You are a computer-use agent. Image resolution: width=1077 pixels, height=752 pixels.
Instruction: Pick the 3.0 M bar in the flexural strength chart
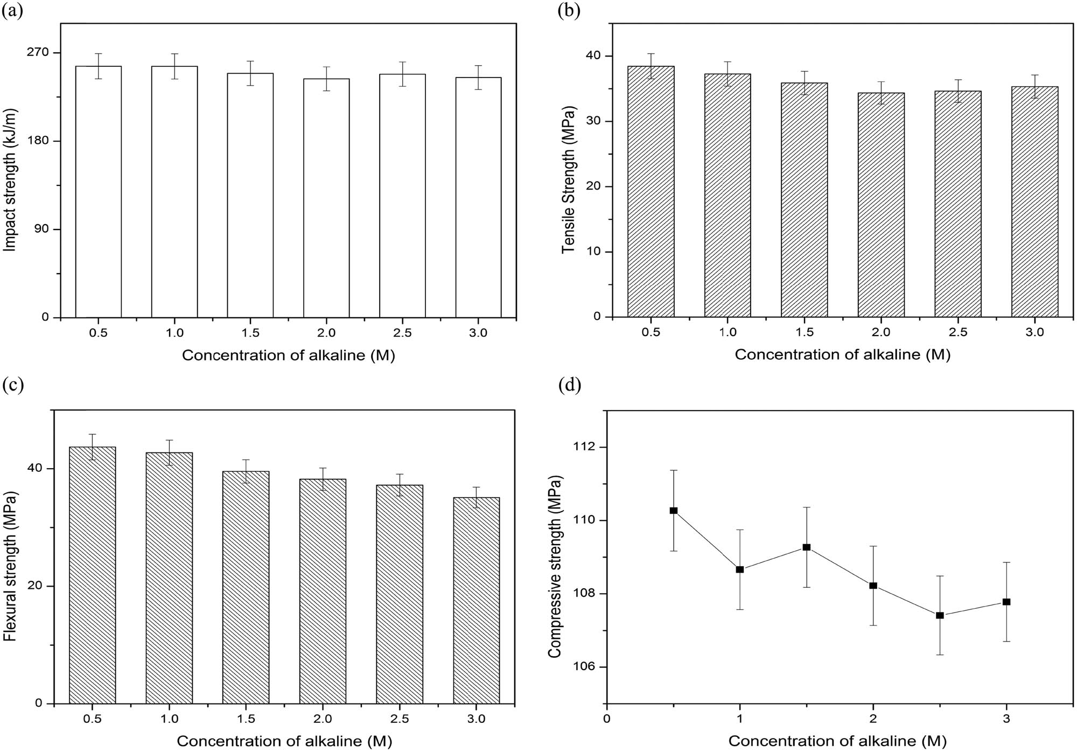(476, 600)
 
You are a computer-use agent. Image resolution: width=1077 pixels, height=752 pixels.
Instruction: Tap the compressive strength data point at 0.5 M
(673, 510)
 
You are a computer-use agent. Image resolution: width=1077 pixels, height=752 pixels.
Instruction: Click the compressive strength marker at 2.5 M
(940, 615)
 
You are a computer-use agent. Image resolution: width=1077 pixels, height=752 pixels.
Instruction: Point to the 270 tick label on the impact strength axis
(38, 53)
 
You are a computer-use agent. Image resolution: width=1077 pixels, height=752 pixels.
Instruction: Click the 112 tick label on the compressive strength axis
(584, 447)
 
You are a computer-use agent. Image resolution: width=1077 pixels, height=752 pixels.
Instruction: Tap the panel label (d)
(569, 386)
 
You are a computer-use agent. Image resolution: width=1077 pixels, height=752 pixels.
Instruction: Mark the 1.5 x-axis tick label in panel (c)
(246, 719)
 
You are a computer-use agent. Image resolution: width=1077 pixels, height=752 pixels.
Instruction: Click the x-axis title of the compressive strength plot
(837, 741)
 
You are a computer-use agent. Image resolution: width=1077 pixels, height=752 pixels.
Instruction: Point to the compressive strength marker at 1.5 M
(806, 547)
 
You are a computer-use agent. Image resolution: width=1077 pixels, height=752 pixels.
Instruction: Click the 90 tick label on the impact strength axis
(41, 229)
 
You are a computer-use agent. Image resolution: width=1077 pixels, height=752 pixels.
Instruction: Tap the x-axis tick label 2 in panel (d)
(873, 719)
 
